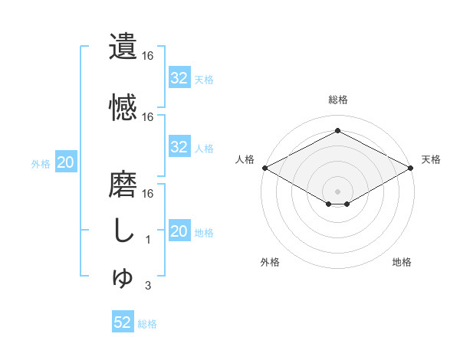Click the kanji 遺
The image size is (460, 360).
tap(123, 47)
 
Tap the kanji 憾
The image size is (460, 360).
tap(123, 107)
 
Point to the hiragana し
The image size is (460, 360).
tap(123, 231)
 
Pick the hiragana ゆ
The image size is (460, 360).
tap(123, 278)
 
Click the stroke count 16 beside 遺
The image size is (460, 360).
tap(148, 56)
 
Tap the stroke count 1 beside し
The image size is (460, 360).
tap(148, 240)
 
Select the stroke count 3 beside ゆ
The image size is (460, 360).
tap(148, 286)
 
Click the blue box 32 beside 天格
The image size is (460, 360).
tap(179, 78)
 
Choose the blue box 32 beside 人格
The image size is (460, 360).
tap(179, 147)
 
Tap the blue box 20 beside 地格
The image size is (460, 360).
tap(179, 231)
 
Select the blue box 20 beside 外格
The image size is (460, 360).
tap(66, 162)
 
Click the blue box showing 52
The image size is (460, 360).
tap(123, 322)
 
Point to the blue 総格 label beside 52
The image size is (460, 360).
tap(147, 324)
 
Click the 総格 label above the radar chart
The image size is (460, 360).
tap(338, 100)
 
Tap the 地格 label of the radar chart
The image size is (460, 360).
tap(402, 262)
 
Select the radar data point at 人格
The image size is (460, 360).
tap(264, 168)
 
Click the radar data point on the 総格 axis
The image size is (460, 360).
tap(337, 130)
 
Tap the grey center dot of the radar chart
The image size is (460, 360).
tap(337, 190)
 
